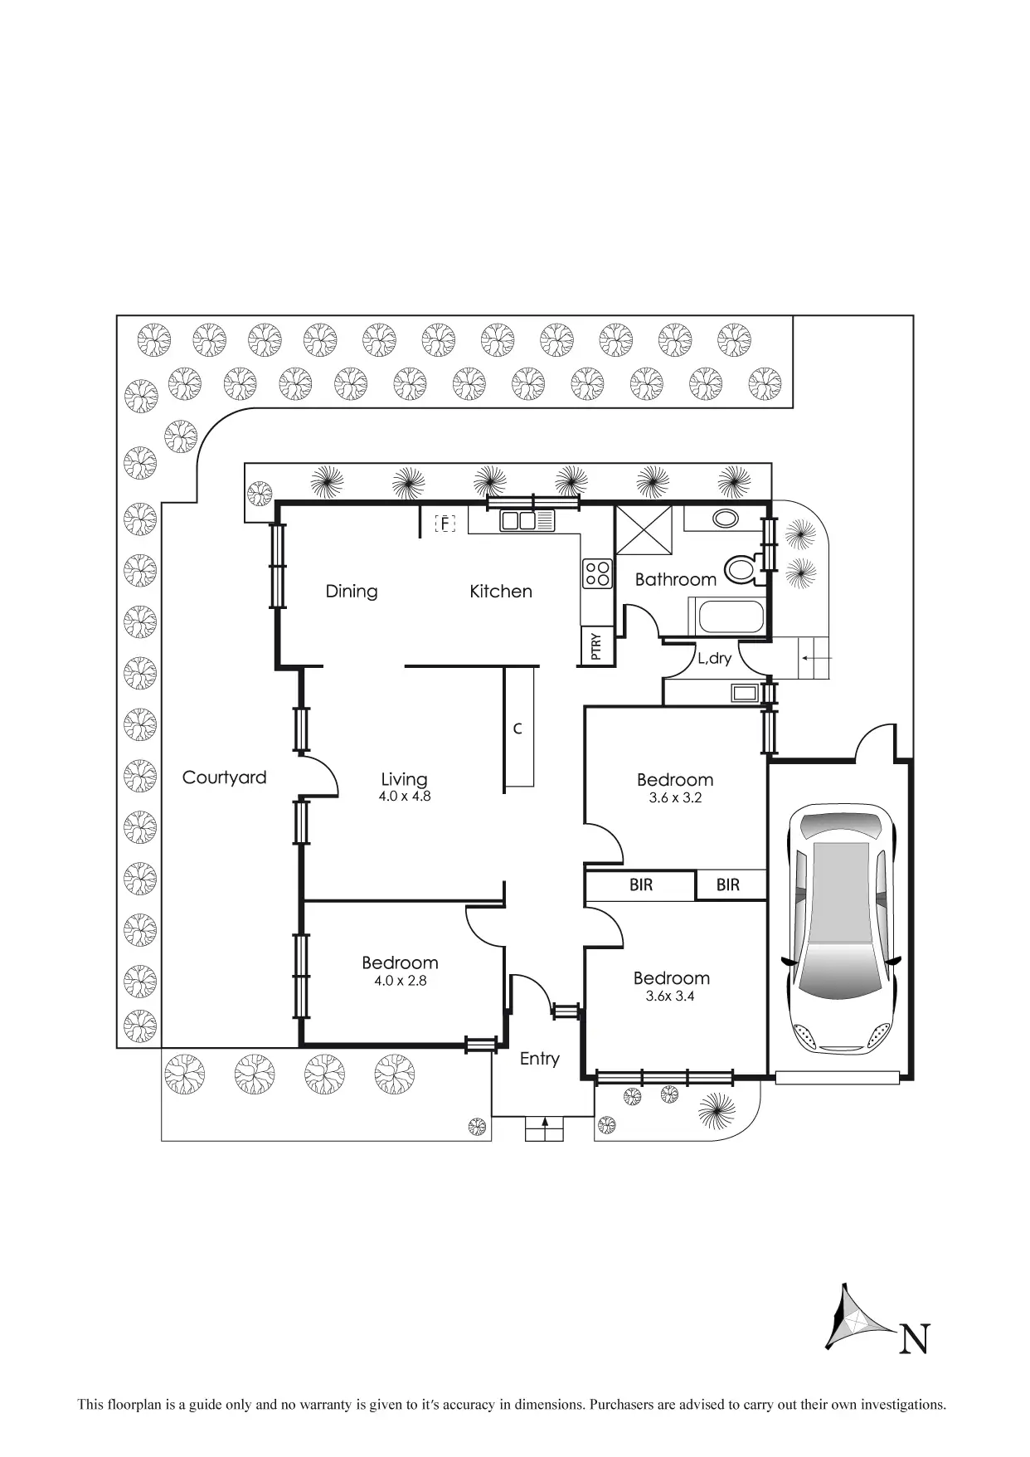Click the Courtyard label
pos(224,777)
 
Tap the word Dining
pos(351,591)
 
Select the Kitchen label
pos(500,591)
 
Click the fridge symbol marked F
pos(445,524)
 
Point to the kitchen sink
pos(519,521)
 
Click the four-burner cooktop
pos(597,573)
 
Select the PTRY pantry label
pos(595,647)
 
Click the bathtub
pos(731,617)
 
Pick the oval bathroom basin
pos(725,519)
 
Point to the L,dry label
pos(714,659)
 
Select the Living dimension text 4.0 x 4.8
pos(405,797)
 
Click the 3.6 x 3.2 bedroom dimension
pos(675,797)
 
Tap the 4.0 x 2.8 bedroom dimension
pos(400,981)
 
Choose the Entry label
pos(539,1059)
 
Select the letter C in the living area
pos(517,728)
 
